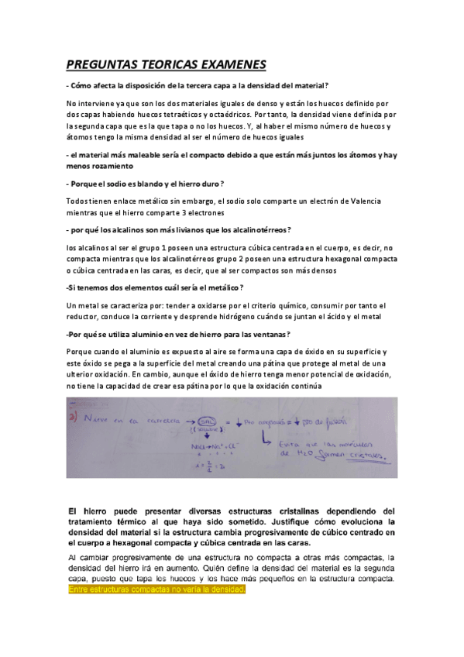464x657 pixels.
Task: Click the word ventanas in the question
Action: pyautogui.click(x=265, y=334)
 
